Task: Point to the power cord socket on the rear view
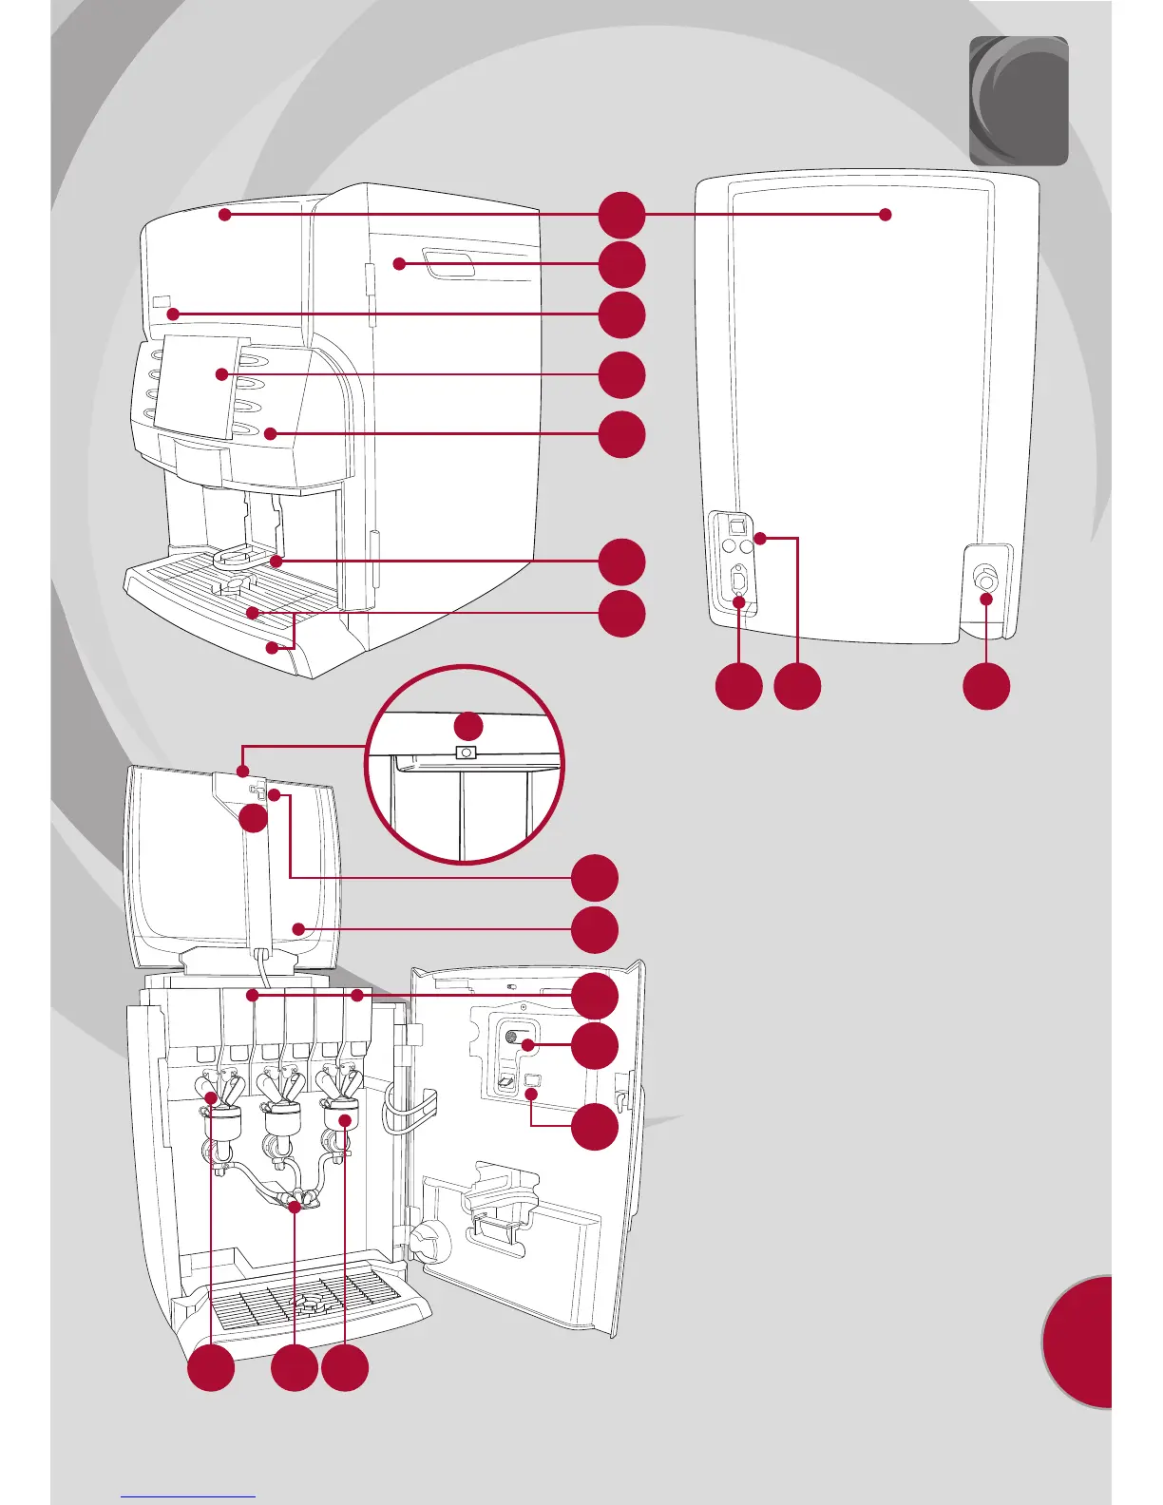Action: point(738,581)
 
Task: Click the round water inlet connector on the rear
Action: point(986,581)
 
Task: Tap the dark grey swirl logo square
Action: point(1019,101)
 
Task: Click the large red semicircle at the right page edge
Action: point(1079,1342)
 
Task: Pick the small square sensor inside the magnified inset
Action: point(466,753)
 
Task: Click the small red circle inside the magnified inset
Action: point(467,727)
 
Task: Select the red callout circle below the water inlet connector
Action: point(986,687)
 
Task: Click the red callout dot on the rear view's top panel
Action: point(886,215)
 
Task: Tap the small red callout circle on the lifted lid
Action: point(254,819)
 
